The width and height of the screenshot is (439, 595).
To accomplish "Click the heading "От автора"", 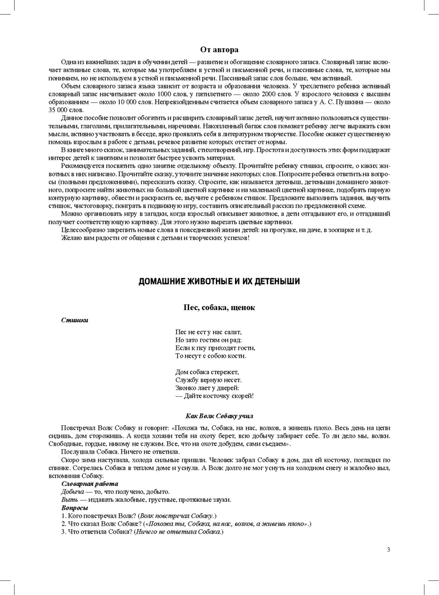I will coord(219,50).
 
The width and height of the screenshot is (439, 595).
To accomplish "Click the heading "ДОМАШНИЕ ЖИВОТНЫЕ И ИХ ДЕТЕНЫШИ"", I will coord(219,281).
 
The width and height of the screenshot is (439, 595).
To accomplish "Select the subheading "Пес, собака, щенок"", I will coord(219,307).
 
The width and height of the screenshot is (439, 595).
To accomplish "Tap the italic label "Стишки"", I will coord(74,320).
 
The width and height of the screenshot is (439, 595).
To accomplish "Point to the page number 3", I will coord(388,549).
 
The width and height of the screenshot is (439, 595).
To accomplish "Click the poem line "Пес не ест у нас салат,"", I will coord(208,332).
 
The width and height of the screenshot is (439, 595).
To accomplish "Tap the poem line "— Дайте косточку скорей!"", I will coord(215,395).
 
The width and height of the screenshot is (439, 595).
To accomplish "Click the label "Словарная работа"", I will coord(85,483).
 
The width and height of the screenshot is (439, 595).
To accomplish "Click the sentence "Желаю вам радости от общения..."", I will coord(155,237).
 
